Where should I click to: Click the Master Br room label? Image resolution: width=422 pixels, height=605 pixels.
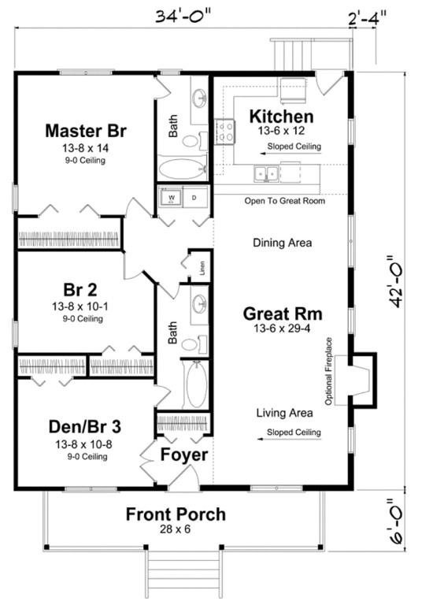[x=86, y=130]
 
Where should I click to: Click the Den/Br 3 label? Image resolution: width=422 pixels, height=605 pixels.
[x=85, y=427]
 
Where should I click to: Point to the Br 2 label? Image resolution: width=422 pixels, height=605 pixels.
[x=78, y=288]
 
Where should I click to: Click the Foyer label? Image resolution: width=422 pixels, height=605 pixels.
[x=184, y=455]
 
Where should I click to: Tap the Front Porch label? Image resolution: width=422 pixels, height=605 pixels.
[x=176, y=514]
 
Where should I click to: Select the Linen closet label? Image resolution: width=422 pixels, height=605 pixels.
[x=202, y=267]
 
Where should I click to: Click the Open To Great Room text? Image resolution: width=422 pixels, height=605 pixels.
[x=284, y=201]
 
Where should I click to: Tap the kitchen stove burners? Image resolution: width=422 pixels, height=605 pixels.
[x=226, y=132]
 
